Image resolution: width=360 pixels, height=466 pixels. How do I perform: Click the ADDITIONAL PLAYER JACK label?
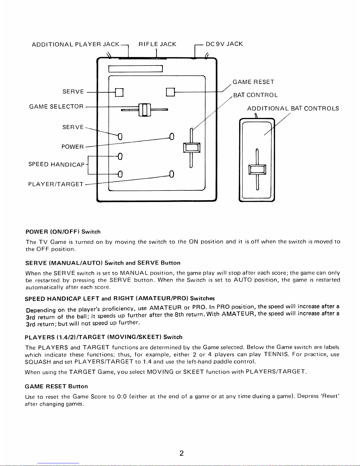click(x=76, y=44)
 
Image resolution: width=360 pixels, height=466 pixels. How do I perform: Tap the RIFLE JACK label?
click(x=157, y=44)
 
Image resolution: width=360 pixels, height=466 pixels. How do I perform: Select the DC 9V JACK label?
click(x=224, y=44)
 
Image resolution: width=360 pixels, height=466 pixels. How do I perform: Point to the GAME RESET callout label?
click(x=253, y=82)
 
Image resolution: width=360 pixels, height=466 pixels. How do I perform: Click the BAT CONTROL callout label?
click(x=255, y=95)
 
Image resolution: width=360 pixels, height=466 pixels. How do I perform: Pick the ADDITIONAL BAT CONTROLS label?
click(x=293, y=108)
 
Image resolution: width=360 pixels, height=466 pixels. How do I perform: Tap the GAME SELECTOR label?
click(x=56, y=106)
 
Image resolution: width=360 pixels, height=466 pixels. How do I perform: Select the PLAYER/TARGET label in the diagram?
click(x=56, y=184)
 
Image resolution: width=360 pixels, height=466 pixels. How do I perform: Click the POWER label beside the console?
click(x=73, y=146)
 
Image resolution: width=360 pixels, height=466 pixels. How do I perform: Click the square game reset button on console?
click(x=170, y=92)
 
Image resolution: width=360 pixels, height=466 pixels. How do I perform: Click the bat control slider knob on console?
click(x=192, y=147)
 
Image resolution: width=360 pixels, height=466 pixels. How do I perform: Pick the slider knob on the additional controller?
click(x=257, y=170)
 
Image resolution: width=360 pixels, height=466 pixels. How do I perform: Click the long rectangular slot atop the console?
click(x=135, y=69)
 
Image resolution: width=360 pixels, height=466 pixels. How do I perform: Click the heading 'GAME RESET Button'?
click(x=56, y=386)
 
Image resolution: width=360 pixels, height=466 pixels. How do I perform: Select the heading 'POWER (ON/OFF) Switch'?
click(x=63, y=231)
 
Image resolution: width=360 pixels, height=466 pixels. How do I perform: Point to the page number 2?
click(x=181, y=453)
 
